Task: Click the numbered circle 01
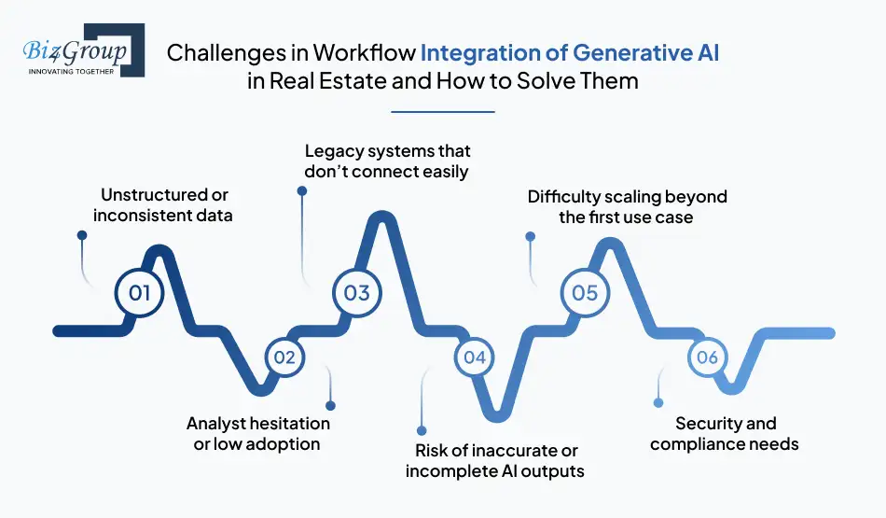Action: (140, 293)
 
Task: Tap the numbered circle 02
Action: (284, 357)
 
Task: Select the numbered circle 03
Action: (357, 293)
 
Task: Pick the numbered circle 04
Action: (475, 357)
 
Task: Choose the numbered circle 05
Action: (584, 293)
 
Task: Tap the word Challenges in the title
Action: (222, 53)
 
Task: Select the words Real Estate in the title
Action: (320, 80)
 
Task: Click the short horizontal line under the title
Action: (442, 112)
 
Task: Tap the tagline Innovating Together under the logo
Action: (71, 70)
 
